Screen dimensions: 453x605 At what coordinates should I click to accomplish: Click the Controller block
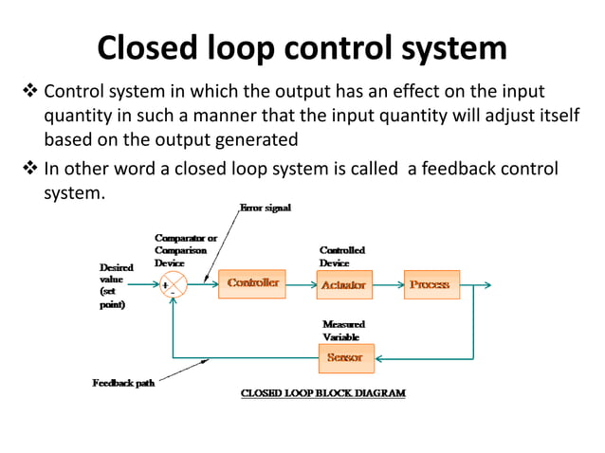[x=251, y=283]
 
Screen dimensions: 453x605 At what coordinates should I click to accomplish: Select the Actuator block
[x=343, y=284]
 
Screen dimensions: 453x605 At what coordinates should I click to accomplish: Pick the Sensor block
[x=344, y=358]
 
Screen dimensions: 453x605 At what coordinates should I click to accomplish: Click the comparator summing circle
[x=174, y=283]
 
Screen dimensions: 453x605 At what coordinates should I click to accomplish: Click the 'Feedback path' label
[x=123, y=383]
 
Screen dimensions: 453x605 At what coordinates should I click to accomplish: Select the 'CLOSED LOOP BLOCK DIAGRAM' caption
[x=323, y=392]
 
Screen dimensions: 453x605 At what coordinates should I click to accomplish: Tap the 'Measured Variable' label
[x=343, y=331]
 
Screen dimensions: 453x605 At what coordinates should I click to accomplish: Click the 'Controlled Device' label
[x=341, y=256]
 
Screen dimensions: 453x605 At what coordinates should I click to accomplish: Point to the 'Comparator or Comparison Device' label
[x=186, y=249]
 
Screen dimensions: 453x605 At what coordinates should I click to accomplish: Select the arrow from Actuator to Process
[x=388, y=284]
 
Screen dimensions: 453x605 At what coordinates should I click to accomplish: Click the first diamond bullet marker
[x=27, y=93]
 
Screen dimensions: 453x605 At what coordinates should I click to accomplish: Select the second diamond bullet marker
[x=27, y=170]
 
